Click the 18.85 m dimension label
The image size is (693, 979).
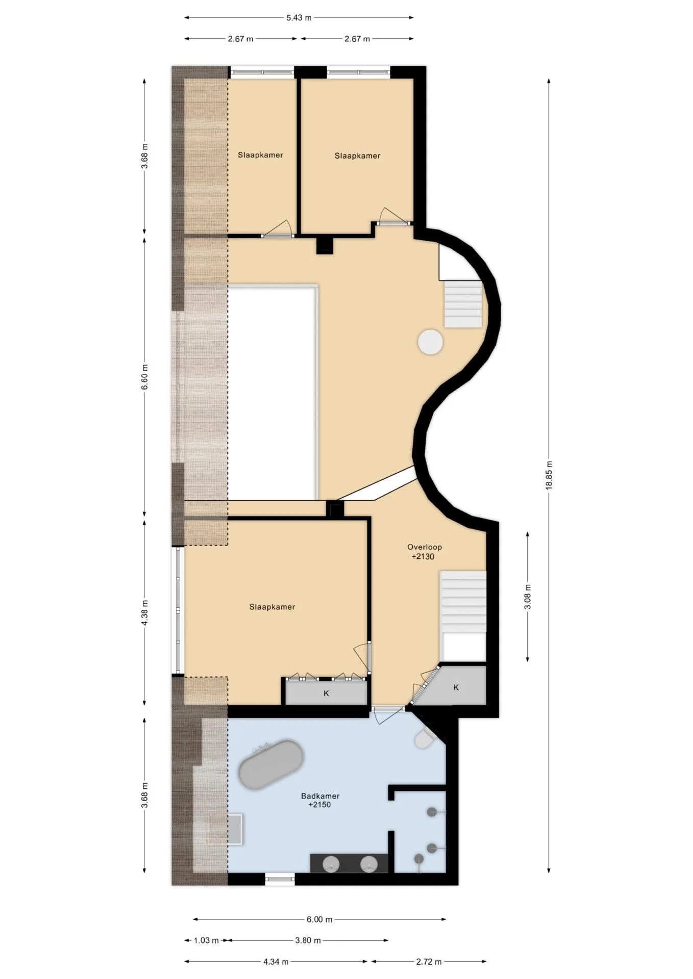click(x=549, y=475)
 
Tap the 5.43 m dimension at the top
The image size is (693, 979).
click(x=299, y=18)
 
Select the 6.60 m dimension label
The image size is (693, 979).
click(x=145, y=377)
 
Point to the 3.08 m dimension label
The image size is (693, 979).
click(x=528, y=597)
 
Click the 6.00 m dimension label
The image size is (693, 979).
click(x=319, y=919)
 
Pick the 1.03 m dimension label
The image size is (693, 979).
click(x=206, y=940)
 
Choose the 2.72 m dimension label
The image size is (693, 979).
click(x=429, y=962)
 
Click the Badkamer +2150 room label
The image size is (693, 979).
click(x=320, y=800)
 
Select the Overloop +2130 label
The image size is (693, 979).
click(x=424, y=552)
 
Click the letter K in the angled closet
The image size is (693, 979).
click(x=456, y=687)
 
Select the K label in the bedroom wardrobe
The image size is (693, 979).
click(x=327, y=693)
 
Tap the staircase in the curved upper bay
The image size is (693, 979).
click(x=463, y=304)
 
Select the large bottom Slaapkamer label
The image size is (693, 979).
click(x=272, y=607)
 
